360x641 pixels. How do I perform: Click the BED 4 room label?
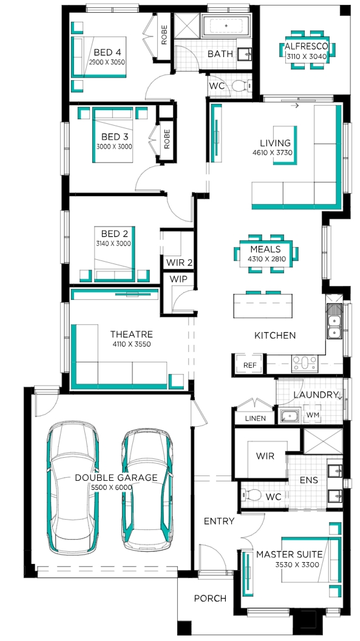(x=107, y=52)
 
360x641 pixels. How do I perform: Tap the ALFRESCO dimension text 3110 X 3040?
(x=307, y=57)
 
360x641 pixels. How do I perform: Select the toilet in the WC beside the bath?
(x=241, y=86)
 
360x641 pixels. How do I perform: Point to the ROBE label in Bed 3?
(x=167, y=139)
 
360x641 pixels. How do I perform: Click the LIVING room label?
(x=276, y=143)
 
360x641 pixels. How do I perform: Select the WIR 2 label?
(x=179, y=262)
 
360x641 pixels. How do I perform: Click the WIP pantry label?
(x=178, y=279)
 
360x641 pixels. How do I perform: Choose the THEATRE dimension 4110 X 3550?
(x=132, y=344)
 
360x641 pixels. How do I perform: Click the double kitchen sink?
(x=334, y=321)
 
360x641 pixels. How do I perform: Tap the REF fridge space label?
(x=250, y=365)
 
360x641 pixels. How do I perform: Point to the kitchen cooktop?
(x=304, y=364)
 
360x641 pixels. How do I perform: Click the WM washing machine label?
(x=313, y=415)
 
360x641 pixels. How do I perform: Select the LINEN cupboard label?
(x=255, y=419)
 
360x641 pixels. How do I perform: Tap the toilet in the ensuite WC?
(x=251, y=495)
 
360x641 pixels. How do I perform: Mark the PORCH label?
(x=210, y=599)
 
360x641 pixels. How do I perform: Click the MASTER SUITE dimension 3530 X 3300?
(x=297, y=565)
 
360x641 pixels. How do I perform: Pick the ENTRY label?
(x=219, y=521)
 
